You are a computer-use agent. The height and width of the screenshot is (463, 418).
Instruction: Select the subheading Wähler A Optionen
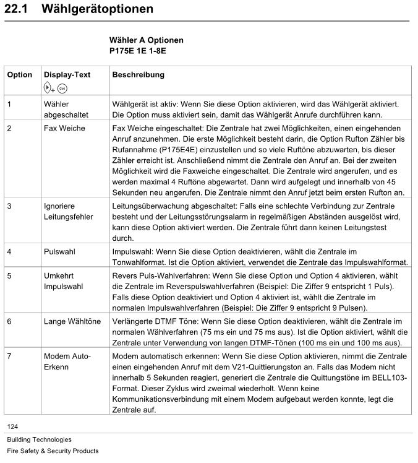[x=146, y=40]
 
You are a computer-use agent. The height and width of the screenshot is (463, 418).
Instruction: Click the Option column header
[x=19, y=75]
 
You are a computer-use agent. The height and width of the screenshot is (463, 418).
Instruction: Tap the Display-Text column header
[x=67, y=75]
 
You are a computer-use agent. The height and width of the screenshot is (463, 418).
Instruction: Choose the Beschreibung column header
[x=138, y=75]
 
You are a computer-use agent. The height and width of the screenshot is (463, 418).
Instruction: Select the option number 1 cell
[x=9, y=104]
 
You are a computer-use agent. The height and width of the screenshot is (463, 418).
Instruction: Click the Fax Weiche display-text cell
[x=64, y=128]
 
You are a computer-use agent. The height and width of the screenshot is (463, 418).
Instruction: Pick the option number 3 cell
[x=9, y=206]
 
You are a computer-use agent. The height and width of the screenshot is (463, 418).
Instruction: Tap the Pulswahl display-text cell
[x=59, y=253]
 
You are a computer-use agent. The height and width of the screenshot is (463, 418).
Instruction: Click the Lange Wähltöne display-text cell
[x=72, y=322]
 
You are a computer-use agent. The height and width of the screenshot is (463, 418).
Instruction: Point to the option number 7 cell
[x=9, y=357]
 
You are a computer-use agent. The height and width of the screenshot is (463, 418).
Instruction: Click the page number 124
[x=13, y=426]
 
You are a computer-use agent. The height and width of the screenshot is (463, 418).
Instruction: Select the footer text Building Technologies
[x=39, y=440]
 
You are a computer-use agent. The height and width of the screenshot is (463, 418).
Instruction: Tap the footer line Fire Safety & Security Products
[x=53, y=451]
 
